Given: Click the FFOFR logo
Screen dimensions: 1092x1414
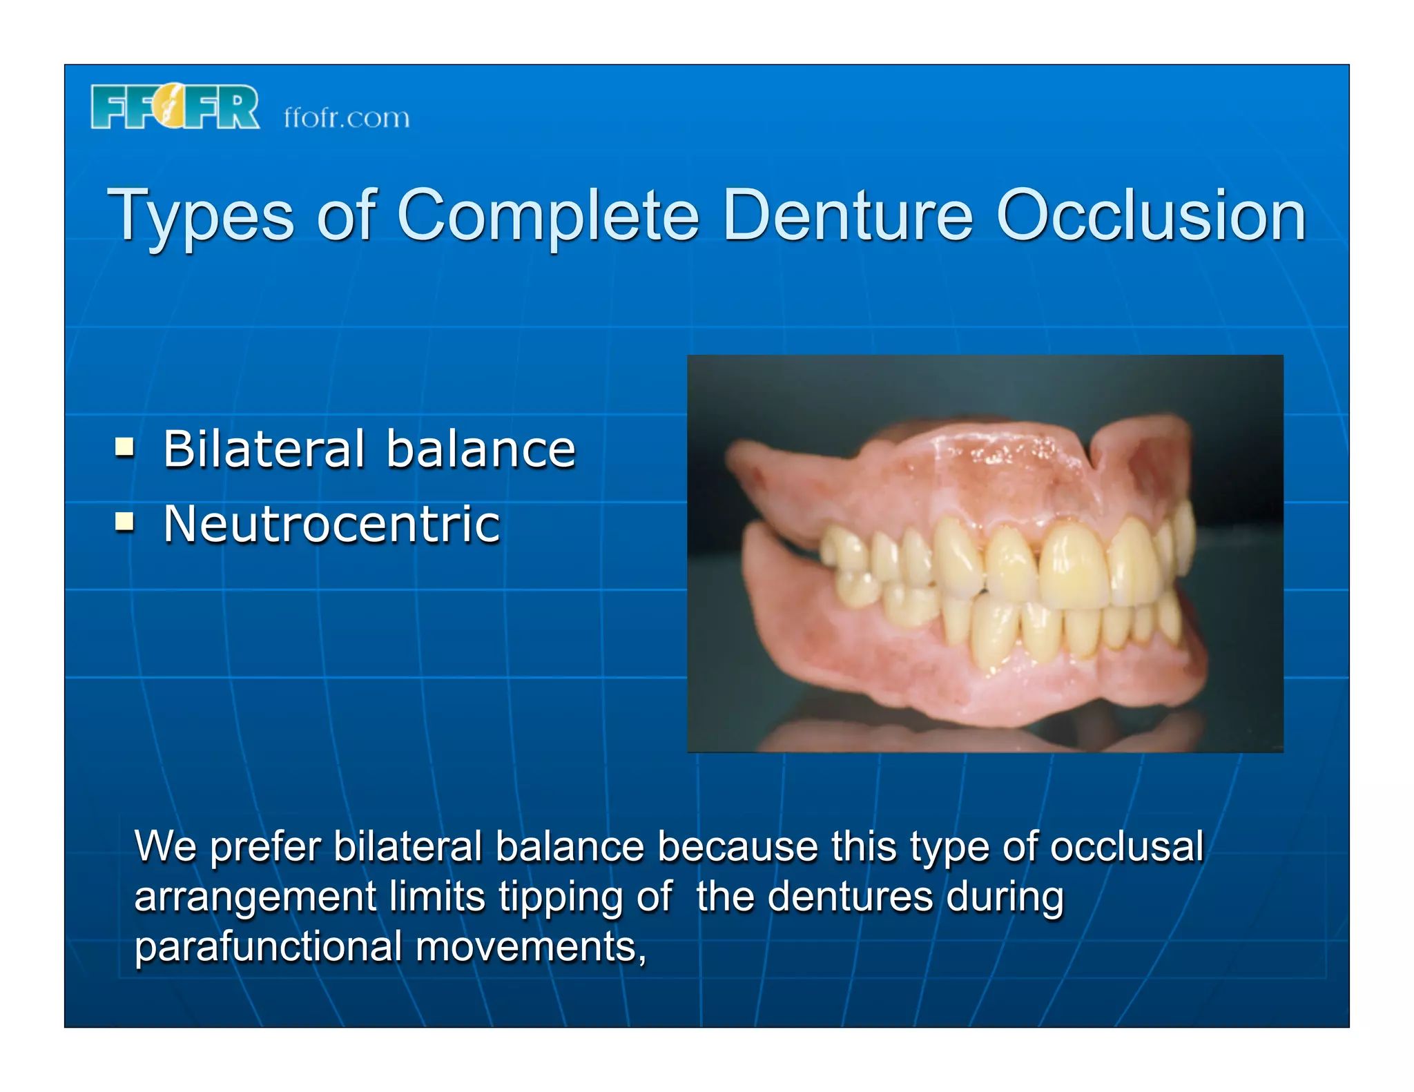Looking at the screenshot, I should click(175, 107).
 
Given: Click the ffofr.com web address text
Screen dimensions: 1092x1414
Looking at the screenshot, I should click(347, 118).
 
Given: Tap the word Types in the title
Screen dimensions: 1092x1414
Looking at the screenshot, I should click(201, 215).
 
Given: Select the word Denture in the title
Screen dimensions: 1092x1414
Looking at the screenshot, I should click(847, 215).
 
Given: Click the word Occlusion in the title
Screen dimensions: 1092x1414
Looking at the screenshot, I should click(1150, 215).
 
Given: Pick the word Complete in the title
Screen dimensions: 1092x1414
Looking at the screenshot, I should click(548, 215).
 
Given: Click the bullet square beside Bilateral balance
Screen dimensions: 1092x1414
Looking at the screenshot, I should click(124, 447).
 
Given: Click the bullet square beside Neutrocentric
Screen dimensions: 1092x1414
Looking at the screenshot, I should click(124, 522).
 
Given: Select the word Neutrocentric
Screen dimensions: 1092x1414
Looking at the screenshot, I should click(331, 524).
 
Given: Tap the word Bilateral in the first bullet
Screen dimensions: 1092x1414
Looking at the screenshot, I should click(264, 449).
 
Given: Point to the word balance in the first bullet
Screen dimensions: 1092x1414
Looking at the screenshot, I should click(481, 449).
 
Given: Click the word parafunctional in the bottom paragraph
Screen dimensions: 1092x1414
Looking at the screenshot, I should click(268, 946).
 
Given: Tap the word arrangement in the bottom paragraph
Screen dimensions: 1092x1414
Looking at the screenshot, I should click(255, 897).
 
